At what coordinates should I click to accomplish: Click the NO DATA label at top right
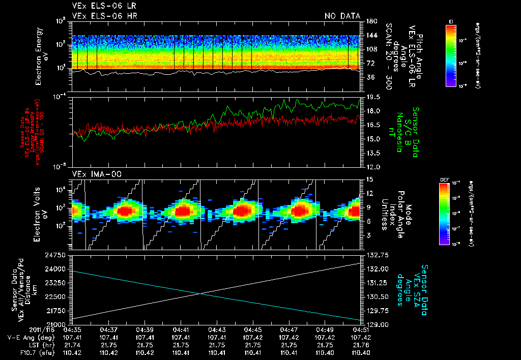[342, 16]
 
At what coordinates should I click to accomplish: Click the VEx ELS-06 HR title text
[104, 16]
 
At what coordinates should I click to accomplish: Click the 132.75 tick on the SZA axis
[377, 254]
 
